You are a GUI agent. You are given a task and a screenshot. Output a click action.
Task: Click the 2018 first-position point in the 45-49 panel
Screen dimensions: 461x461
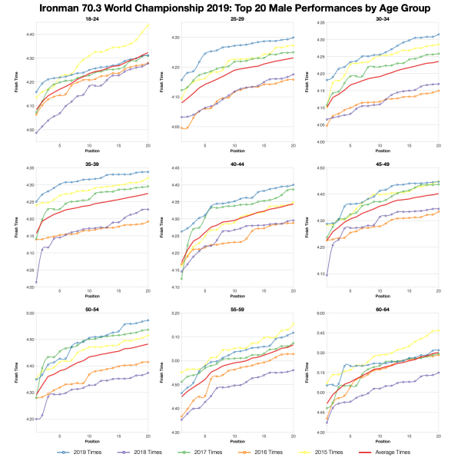327,274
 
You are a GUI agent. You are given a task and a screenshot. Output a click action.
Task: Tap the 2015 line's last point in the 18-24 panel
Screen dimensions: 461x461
148,25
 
